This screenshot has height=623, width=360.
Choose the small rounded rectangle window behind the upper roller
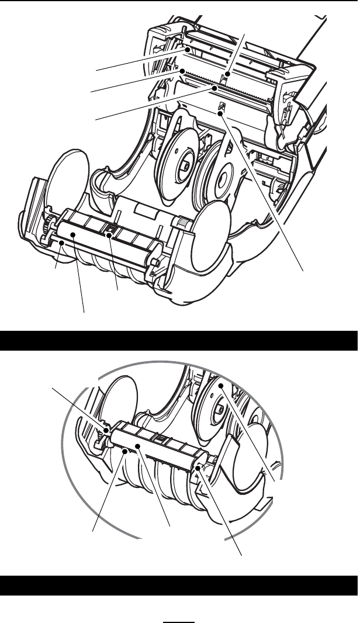click(x=146, y=208)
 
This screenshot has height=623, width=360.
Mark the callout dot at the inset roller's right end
click(x=200, y=467)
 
